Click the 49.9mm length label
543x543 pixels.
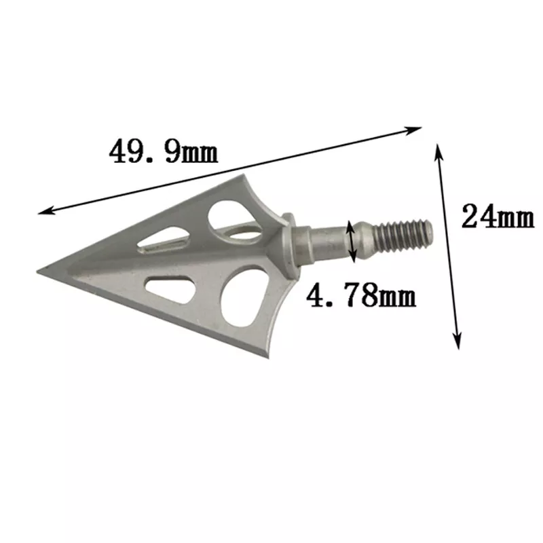tap(164, 151)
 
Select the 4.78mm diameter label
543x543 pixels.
tap(361, 297)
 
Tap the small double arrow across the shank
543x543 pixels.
tap(352, 242)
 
